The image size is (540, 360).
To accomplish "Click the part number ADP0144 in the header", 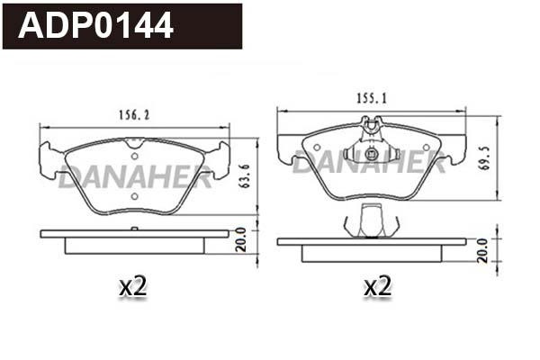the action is pos(95,25).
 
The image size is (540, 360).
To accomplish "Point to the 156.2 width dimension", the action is pos(134,115).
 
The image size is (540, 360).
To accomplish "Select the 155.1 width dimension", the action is pos(371,98).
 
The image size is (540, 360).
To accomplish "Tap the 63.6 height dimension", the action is pos(244,176).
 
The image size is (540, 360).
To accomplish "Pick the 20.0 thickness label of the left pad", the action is pos(241,239).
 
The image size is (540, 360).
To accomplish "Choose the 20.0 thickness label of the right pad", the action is pos(482,250).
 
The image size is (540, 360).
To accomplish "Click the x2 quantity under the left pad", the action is pos(132,287).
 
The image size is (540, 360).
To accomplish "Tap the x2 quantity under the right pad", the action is pos(377,286).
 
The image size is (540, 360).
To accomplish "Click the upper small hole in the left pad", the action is pos(135,156).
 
